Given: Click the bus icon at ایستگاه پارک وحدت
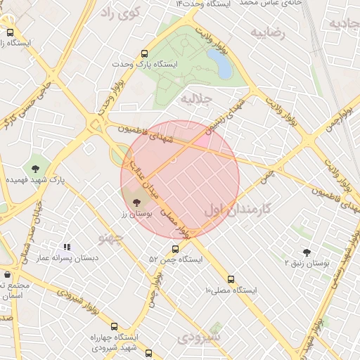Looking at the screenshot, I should pyautogui.click(x=145, y=53).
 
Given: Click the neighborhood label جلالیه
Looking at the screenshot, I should pyautogui.click(x=196, y=99).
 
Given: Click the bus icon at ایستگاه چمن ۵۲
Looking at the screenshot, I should pyautogui.click(x=175, y=248).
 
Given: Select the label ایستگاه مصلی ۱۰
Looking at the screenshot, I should pyautogui.click(x=231, y=290).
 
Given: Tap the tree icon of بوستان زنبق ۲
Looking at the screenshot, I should pyautogui.click(x=307, y=252).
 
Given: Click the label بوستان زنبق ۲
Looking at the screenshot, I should pyautogui.click(x=307, y=263).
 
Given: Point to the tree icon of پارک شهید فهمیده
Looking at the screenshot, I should pyautogui.click(x=35, y=168).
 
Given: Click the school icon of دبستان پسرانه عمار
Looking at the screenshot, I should pyautogui.click(x=67, y=247).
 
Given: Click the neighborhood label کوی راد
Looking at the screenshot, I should pyautogui.click(x=120, y=12).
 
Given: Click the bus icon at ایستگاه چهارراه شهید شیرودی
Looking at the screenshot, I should pyautogui.click(x=148, y=353).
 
